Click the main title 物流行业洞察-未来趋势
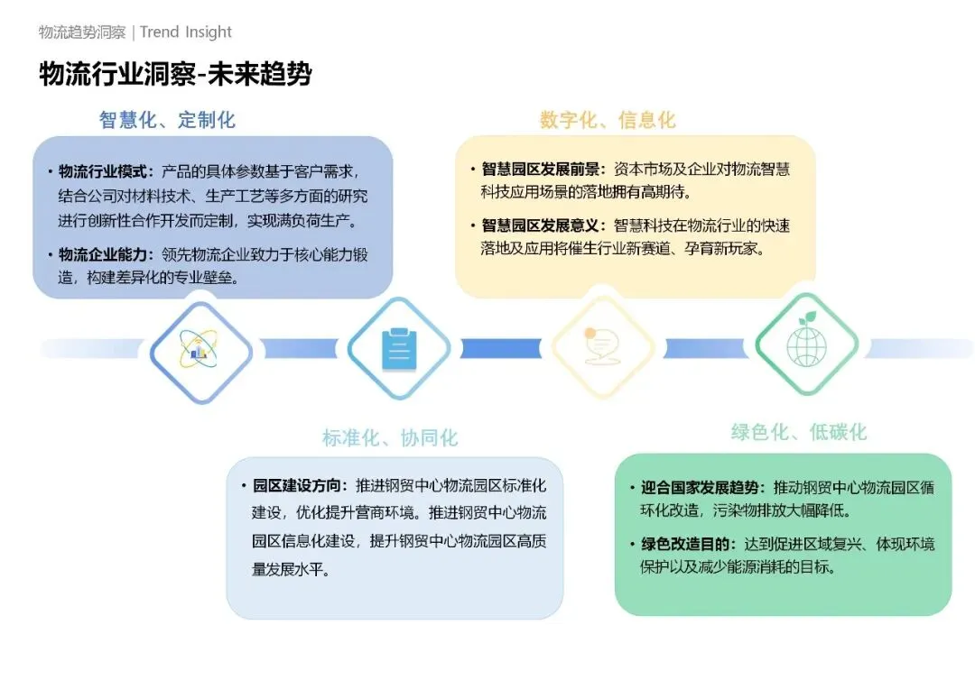175,73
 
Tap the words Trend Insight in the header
186,32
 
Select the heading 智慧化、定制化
167,120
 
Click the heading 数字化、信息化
607,120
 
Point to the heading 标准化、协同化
390,438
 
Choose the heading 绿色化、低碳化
798,432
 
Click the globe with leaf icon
806,346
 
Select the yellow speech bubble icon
602,347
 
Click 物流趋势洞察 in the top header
82,32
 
